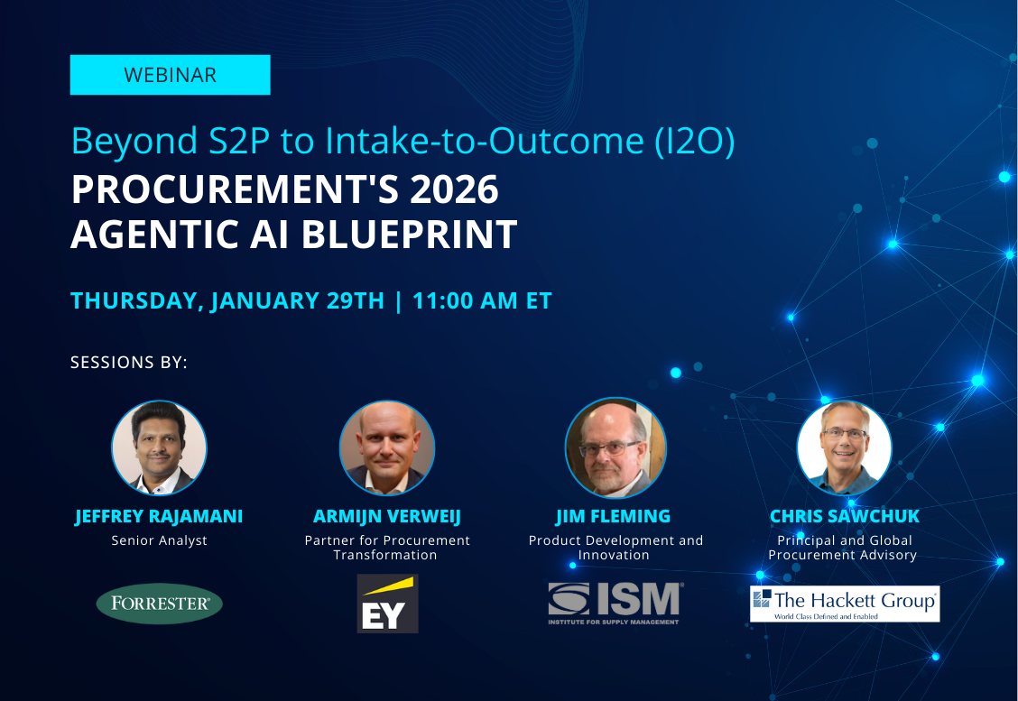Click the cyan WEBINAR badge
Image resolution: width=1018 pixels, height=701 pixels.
170,75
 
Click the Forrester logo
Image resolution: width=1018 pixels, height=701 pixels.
159,604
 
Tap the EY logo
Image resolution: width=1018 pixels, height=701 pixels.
387,604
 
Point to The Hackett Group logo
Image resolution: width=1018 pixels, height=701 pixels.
844,604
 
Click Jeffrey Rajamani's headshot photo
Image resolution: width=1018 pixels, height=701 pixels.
159,448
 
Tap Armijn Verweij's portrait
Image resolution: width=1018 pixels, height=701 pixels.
387,448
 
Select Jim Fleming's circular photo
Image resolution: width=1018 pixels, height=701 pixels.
615,448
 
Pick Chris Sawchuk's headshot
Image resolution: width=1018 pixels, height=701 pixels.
844,448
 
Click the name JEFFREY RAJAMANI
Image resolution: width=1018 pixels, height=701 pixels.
159,517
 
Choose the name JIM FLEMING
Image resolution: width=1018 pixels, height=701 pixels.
614,517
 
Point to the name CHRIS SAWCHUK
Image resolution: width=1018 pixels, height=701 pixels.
844,517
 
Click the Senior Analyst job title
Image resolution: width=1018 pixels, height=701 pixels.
159,540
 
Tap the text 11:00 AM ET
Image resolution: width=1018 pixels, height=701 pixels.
482,300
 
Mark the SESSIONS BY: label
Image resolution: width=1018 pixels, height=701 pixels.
129,363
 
